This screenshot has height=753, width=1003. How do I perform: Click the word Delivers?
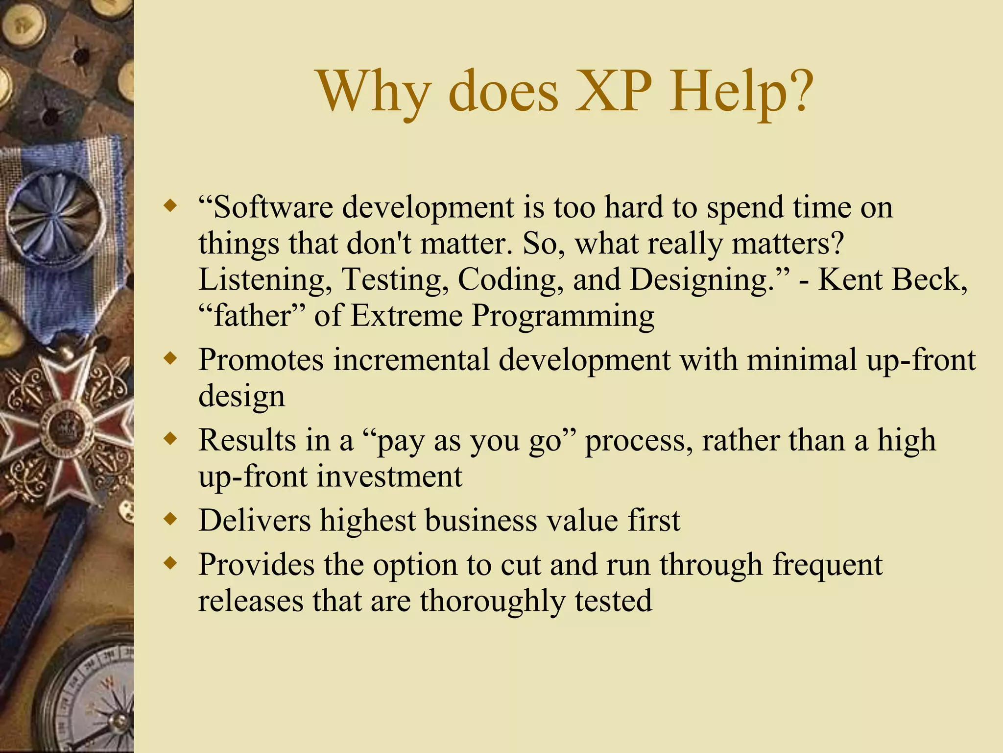point(255,520)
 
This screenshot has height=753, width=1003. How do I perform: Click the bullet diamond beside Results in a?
point(170,439)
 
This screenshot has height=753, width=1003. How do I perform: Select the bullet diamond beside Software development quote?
point(170,205)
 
